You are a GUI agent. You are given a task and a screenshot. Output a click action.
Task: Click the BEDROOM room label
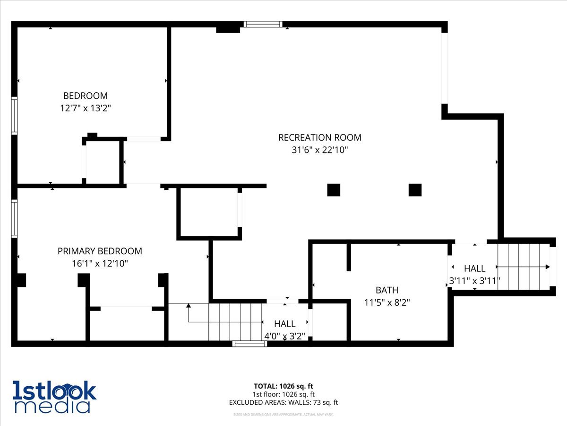pos(85,96)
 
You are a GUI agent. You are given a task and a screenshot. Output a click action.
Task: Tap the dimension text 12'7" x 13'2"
pos(85,108)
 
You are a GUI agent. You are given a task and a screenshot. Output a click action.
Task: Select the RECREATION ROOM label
pos(320,137)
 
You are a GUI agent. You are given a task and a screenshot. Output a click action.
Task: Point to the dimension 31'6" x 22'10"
pos(320,150)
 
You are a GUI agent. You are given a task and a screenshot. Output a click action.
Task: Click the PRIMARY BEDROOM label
pos(100,251)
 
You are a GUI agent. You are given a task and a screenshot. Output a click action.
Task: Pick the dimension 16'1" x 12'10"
pos(100,263)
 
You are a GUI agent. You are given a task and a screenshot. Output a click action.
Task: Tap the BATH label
pos(387,290)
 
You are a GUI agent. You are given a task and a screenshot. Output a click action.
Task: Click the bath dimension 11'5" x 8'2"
pos(387,302)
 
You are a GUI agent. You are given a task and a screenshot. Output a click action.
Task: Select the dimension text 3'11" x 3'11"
pos(474,281)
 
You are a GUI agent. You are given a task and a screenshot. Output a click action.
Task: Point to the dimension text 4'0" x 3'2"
pos(284,336)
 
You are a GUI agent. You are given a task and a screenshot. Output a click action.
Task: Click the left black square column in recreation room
pos(334,190)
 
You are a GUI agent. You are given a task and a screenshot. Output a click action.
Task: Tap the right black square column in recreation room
pos(415,190)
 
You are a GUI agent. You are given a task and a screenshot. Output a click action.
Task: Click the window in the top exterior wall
pos(263,24)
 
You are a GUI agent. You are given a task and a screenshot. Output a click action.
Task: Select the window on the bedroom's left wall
pos(15,116)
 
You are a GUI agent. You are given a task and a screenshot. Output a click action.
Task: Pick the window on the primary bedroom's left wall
pos(15,219)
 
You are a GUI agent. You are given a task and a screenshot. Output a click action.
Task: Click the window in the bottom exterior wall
pos(249,344)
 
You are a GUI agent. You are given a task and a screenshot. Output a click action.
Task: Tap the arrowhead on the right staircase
pos(548,266)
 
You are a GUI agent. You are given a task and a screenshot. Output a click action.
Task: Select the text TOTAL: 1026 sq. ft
pos(283,386)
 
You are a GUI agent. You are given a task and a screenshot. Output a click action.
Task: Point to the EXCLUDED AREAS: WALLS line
pos(283,402)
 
